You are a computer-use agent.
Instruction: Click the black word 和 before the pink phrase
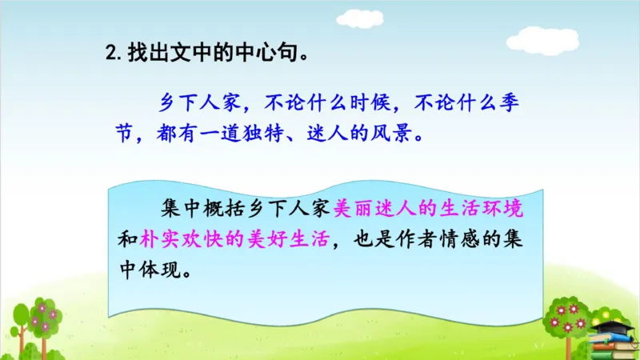(127, 239)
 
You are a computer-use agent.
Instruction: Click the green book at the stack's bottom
(615, 355)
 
